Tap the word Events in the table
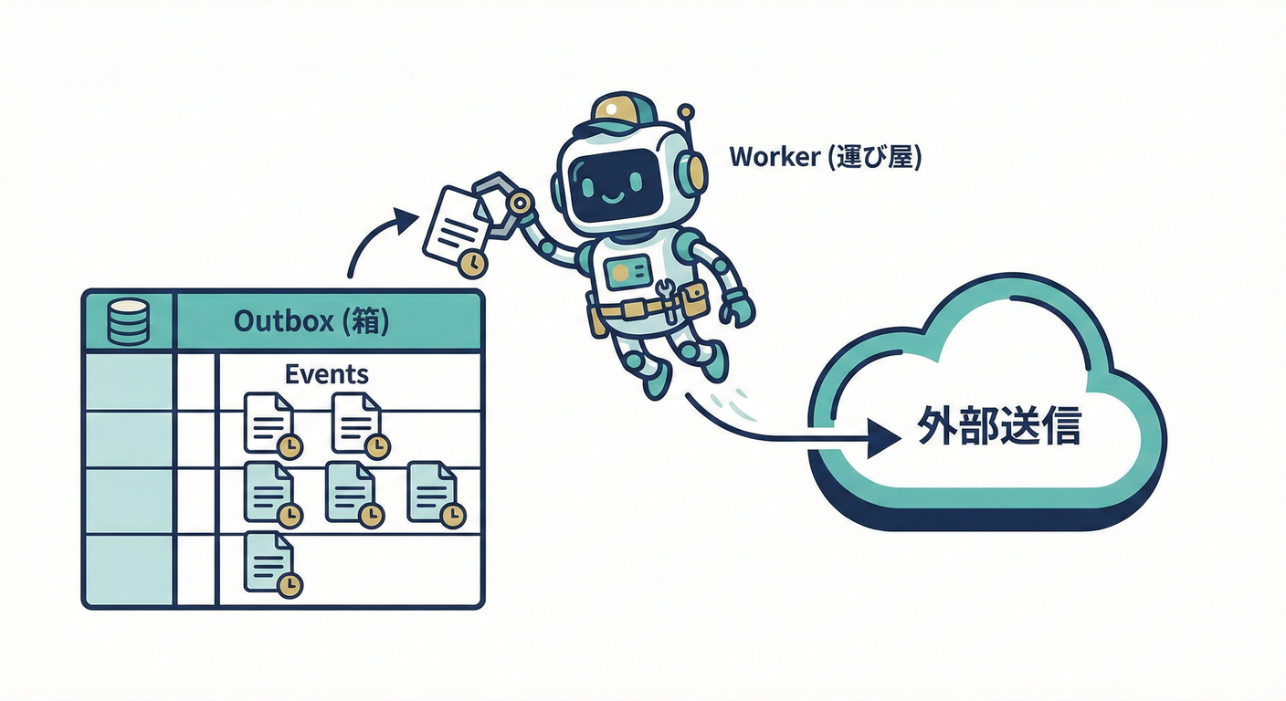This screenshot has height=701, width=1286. coord(327,374)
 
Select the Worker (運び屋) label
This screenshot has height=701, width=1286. coord(825,157)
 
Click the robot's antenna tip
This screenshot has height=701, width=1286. coord(685,111)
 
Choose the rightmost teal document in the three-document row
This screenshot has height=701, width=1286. coord(432,492)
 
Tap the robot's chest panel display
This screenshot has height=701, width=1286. coord(625,272)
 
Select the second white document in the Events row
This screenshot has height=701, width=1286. coord(356,423)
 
